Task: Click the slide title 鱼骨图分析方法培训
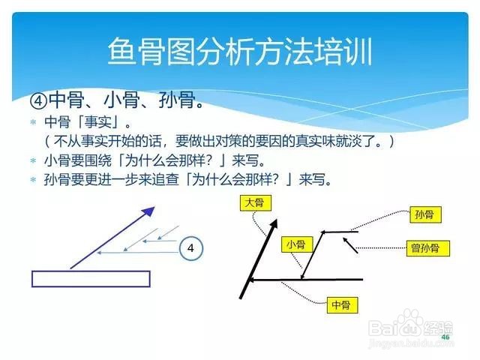pyautogui.click(x=240, y=51)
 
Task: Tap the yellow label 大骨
pyautogui.click(x=255, y=203)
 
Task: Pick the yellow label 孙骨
pyautogui.click(x=425, y=214)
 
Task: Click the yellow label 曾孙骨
pyautogui.click(x=428, y=248)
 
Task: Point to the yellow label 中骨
pyautogui.click(x=342, y=304)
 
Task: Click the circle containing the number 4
pyautogui.click(x=190, y=248)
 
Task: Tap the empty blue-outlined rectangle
pyautogui.click(x=91, y=279)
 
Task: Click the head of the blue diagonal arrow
pyautogui.click(x=148, y=211)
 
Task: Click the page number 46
pyautogui.click(x=445, y=337)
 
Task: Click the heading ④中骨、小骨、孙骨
pyautogui.click(x=117, y=100)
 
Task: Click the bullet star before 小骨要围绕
pyautogui.click(x=33, y=160)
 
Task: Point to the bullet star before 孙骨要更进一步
pyautogui.click(x=33, y=179)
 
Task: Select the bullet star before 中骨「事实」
pyautogui.click(x=33, y=122)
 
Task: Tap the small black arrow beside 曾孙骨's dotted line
pyautogui.click(x=350, y=245)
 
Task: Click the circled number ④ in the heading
pyautogui.click(x=38, y=100)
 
